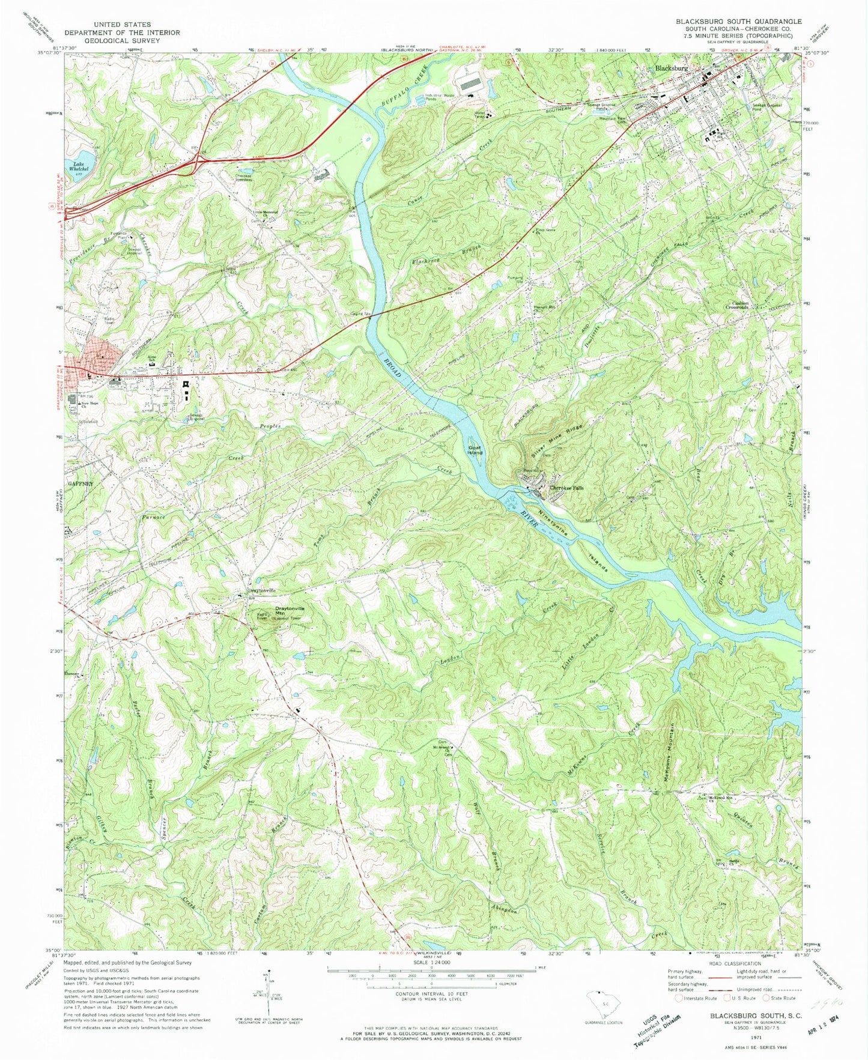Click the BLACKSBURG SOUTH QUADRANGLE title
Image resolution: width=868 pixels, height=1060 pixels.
[x=738, y=22]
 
